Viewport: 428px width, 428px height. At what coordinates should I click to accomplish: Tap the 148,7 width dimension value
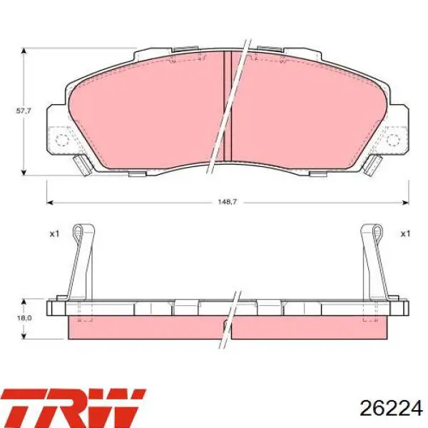point(227,202)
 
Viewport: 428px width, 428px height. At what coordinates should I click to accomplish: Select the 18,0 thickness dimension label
point(24,318)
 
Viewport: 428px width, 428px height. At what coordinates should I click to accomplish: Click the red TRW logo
point(73,408)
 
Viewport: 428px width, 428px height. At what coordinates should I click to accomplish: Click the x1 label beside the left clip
point(54,234)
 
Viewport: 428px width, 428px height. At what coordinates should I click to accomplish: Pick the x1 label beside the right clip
point(405,234)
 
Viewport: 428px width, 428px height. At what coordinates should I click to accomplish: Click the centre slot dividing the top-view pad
point(228,106)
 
